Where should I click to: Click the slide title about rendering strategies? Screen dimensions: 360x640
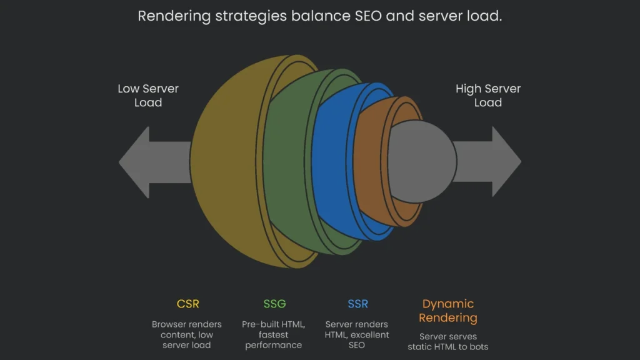(319, 16)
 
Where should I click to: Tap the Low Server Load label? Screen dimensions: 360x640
(148, 96)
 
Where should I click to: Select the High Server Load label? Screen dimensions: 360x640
(487, 96)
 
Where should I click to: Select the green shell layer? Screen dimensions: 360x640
(291, 162)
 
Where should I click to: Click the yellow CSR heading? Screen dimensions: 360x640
(188, 304)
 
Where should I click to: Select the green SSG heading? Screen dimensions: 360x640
(274, 304)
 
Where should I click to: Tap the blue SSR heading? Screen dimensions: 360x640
(357, 304)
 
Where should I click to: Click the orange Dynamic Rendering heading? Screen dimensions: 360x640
(447, 311)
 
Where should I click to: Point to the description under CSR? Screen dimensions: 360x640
(187, 335)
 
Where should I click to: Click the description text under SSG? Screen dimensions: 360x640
(274, 335)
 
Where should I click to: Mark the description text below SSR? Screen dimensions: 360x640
(357, 335)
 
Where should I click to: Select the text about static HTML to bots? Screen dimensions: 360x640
(447, 341)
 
